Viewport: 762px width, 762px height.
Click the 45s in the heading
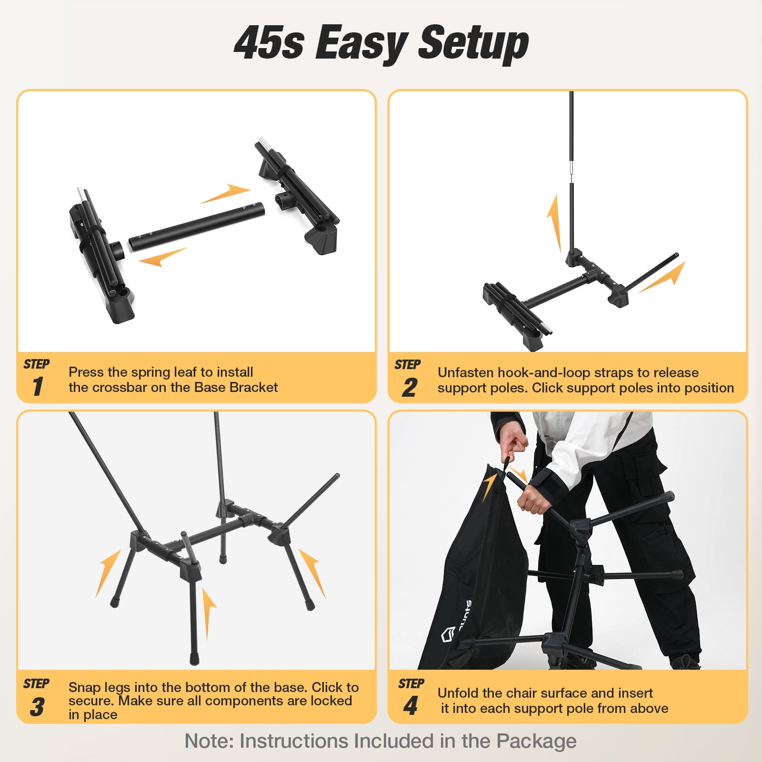point(269,43)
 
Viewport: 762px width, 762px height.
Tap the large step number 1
point(38,386)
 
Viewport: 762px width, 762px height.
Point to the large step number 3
point(37,707)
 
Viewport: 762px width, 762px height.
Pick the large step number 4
point(410,706)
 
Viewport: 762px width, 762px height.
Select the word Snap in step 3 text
point(84,688)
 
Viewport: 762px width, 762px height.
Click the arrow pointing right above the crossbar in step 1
point(225,193)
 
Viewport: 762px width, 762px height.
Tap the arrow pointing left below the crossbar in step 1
point(163,257)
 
